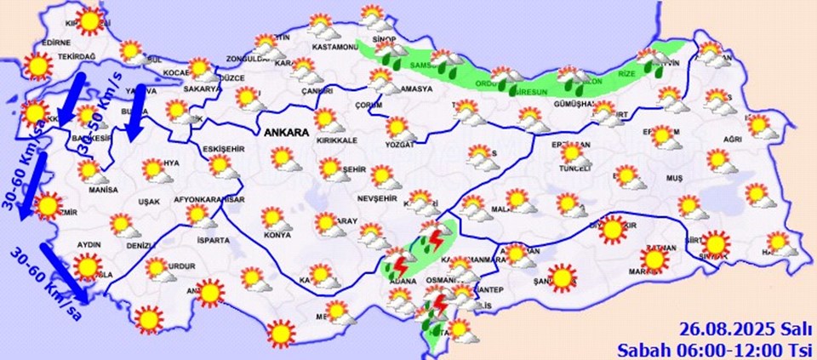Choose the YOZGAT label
pos(397,145)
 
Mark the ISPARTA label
pos(212,240)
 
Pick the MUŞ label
pos(674,178)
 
